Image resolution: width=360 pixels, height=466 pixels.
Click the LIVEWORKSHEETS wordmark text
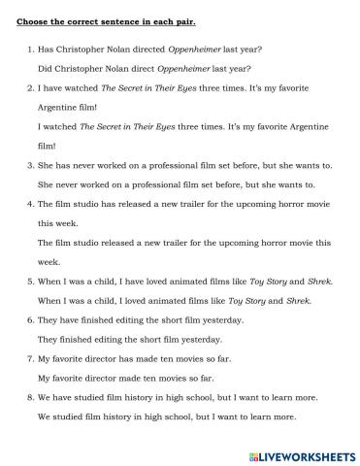point(306,452)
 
